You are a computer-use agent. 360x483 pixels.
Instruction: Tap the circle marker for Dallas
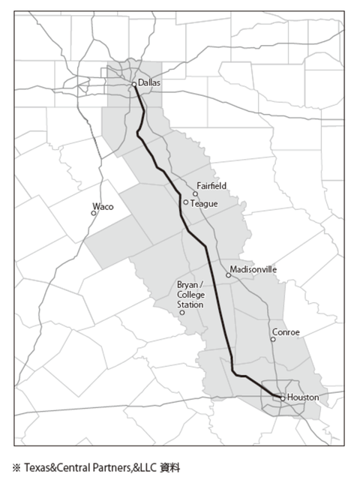pyautogui.click(x=134, y=85)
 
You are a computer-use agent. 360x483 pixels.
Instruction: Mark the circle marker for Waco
pyautogui.click(x=94, y=213)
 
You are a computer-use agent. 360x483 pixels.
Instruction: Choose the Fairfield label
pyautogui.click(x=211, y=184)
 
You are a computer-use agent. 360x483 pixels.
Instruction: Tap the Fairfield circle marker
pyautogui.click(x=196, y=193)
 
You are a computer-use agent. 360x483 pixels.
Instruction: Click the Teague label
pyautogui.click(x=203, y=202)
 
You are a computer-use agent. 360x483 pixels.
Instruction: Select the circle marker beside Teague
pyautogui.click(x=186, y=202)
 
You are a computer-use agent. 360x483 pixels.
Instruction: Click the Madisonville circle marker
pyautogui.click(x=229, y=275)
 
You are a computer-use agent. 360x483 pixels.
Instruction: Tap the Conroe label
pyautogui.click(x=286, y=331)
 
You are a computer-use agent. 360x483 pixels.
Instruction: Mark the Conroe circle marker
pyautogui.click(x=273, y=339)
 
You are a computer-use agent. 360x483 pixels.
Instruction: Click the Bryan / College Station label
pyautogui.click(x=190, y=295)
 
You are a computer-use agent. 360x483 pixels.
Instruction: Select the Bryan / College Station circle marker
pyautogui.click(x=182, y=312)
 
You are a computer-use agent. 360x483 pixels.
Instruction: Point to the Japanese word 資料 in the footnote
pyautogui.click(x=170, y=467)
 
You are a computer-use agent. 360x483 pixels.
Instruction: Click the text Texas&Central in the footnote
pyautogui.click(x=53, y=467)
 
